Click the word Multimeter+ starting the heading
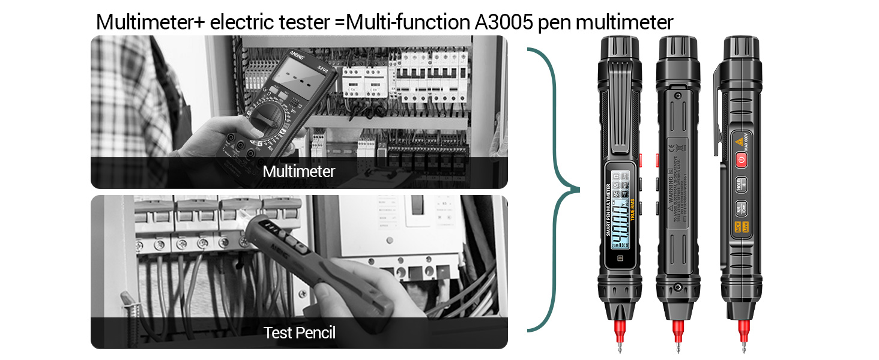[150, 22]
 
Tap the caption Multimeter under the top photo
[298, 172]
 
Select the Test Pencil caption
[298, 332]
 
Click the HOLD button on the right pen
[741, 184]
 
